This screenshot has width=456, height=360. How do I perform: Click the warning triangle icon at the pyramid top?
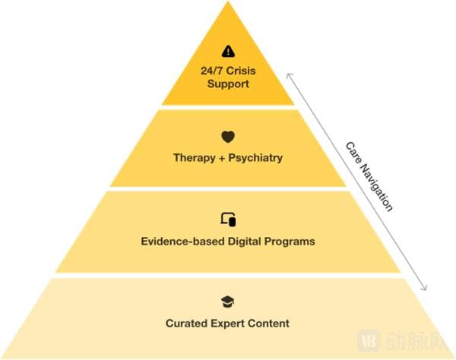[228, 52]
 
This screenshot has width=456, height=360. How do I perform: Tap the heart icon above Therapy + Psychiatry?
[228, 137]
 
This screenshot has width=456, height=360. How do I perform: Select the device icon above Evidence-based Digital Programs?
[228, 219]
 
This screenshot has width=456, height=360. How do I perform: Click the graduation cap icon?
[228, 302]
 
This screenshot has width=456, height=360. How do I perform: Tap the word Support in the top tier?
[228, 84]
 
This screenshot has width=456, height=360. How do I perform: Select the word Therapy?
[194, 159]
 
